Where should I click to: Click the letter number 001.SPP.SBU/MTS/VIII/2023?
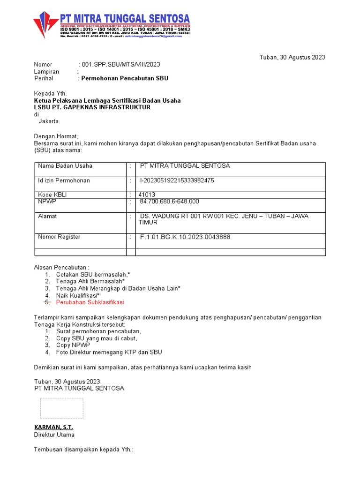click(x=124, y=64)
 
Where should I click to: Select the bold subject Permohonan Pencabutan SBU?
click(x=125, y=78)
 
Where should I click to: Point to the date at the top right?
click(x=292, y=57)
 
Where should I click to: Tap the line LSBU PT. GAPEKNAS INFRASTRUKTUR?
click(x=92, y=107)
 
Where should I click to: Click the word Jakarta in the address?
click(x=48, y=121)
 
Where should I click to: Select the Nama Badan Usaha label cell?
click(x=65, y=166)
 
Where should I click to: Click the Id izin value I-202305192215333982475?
click(x=177, y=180)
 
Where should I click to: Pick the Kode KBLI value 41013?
click(x=147, y=195)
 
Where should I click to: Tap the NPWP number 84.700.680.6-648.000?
click(x=169, y=202)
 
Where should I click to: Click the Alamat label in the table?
click(x=47, y=216)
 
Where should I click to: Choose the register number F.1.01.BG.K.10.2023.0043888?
click(x=185, y=237)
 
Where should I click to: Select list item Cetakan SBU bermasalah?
click(x=93, y=274)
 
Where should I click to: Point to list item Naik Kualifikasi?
click(x=77, y=295)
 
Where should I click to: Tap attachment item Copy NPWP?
click(x=73, y=345)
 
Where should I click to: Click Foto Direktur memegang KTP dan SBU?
click(x=109, y=352)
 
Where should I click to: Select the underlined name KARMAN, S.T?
click(x=53, y=427)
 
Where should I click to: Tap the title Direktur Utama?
click(x=54, y=435)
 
